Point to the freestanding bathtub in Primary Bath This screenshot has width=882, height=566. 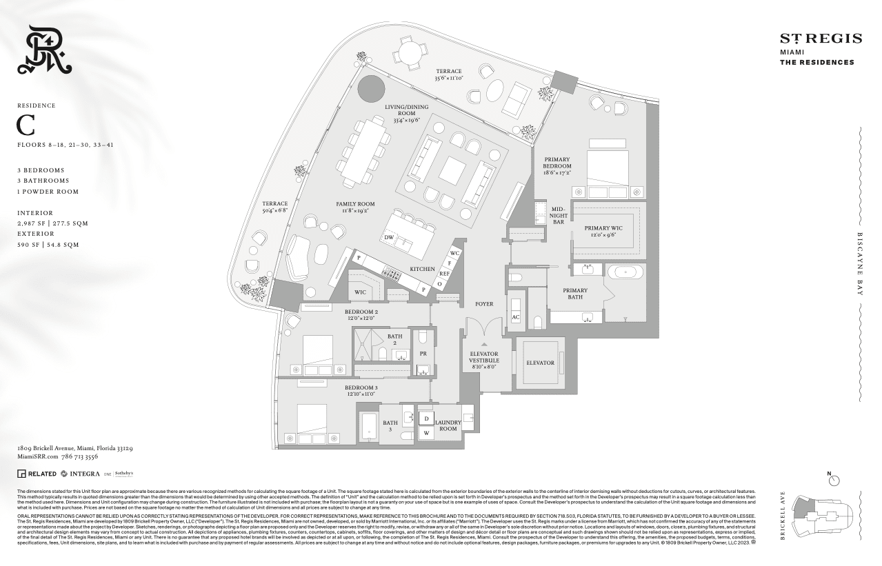625,272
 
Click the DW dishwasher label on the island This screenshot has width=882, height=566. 389,237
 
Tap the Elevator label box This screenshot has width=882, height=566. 540,363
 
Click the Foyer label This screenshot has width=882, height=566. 484,304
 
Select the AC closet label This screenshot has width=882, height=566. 515,317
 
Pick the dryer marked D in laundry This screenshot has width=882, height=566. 426,418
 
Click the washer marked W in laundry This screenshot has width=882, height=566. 426,433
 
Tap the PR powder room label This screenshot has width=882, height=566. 423,353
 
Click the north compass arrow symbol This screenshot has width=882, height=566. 835,476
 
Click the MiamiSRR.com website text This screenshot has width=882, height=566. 36,456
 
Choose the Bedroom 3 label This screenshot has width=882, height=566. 361,391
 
